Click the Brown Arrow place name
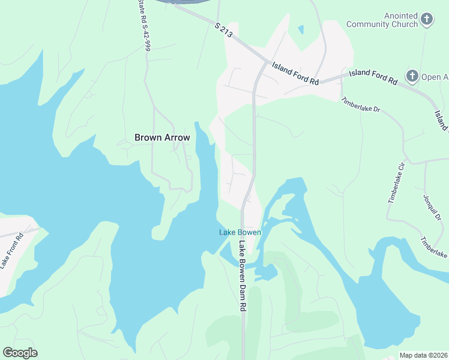(x=162, y=137)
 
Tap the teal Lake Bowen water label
(x=240, y=232)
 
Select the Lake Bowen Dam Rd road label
(x=243, y=276)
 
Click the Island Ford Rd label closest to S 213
(x=294, y=74)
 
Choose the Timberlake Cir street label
(x=397, y=182)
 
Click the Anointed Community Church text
(x=382, y=20)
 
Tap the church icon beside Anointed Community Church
(x=427, y=20)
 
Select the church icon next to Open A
(x=412, y=76)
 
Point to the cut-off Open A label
(x=435, y=77)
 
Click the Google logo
(x=20, y=353)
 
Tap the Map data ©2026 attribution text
(x=424, y=355)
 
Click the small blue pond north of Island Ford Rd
(x=301, y=29)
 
